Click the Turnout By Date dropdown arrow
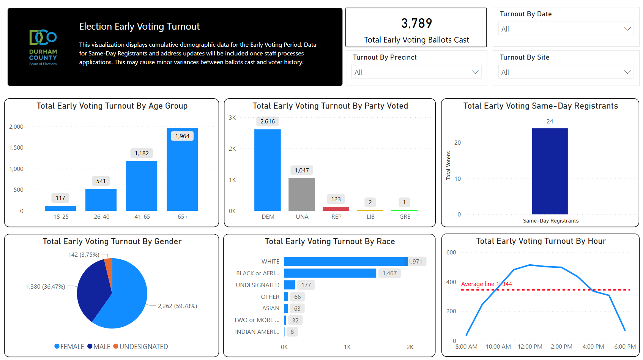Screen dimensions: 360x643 (627, 29)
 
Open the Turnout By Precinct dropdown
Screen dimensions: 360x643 (417, 72)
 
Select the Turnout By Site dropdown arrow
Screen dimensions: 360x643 (627, 72)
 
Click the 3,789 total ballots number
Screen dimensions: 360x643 (416, 24)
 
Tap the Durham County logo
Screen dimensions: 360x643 (43, 47)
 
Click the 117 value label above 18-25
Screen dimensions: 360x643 (60, 198)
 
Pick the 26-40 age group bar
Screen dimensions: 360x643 (101, 200)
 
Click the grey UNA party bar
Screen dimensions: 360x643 (302, 194)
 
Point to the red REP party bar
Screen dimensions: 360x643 (336, 208)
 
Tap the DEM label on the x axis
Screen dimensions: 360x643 (268, 216)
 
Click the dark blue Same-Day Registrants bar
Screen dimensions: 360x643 (550, 171)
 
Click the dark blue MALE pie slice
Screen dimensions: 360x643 (91, 291)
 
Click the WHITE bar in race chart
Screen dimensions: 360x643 (345, 261)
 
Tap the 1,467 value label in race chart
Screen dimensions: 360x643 (389, 273)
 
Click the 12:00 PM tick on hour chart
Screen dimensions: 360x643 (530, 346)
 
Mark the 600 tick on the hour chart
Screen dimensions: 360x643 (451, 253)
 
